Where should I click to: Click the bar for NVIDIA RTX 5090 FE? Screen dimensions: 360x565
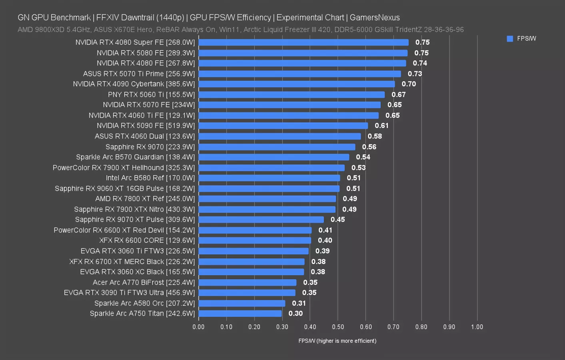[283, 126]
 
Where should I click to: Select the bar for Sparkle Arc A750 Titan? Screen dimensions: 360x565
[240, 314]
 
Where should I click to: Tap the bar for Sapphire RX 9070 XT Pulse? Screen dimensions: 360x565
[261, 220]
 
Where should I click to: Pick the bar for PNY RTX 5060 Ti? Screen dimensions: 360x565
[291, 95]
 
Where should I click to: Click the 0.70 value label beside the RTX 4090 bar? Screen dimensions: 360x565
[409, 84]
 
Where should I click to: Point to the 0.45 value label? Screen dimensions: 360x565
[337, 220]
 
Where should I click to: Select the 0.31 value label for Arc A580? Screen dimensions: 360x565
[299, 303]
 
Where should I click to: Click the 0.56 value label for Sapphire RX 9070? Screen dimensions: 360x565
[369, 147]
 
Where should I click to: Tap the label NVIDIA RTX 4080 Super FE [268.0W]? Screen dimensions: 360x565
[135, 42]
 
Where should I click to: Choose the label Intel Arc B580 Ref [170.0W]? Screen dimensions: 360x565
[150, 178]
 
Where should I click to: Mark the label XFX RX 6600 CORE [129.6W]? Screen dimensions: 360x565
[147, 240]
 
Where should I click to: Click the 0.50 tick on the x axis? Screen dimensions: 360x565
[338, 327]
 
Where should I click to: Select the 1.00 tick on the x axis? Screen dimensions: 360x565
[477, 327]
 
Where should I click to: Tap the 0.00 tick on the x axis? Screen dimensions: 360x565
[198, 327]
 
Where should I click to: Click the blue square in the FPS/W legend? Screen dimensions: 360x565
[510, 39]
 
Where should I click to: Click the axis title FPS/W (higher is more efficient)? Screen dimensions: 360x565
[337, 341]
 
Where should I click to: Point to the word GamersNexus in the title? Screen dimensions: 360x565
[375, 18]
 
